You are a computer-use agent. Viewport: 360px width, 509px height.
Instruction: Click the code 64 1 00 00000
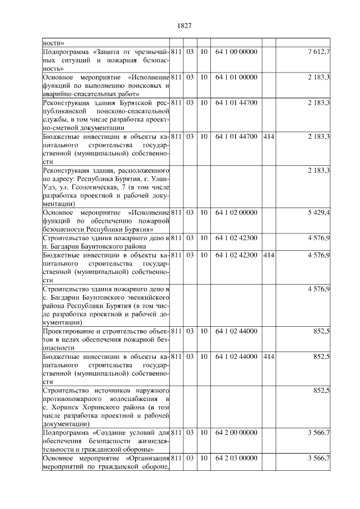(x=236, y=52)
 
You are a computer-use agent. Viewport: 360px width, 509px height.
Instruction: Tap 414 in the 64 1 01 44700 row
(x=268, y=137)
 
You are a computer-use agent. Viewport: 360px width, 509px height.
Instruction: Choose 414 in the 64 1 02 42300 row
(x=268, y=255)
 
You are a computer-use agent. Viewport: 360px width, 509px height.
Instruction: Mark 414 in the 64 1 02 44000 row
(x=268, y=357)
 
